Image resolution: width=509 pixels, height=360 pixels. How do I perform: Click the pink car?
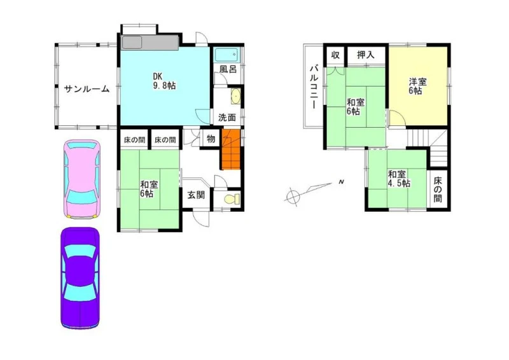[82, 179]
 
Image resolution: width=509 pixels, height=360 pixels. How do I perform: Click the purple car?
[80, 278]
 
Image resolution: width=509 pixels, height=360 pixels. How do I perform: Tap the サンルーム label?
[87, 89]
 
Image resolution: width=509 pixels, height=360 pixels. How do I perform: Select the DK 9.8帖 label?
[164, 81]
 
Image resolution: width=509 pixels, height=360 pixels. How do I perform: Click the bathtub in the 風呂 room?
[227, 55]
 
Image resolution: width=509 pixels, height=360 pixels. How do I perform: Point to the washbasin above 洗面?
[236, 96]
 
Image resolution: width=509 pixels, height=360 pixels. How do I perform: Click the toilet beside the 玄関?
[232, 198]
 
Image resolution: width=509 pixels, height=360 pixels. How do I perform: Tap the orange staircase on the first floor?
[231, 149]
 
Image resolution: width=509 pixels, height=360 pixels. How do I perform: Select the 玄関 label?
[197, 195]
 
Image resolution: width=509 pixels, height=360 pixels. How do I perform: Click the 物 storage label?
[211, 139]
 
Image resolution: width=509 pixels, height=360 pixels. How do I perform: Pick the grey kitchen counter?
[150, 43]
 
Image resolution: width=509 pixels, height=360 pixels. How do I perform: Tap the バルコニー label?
[314, 87]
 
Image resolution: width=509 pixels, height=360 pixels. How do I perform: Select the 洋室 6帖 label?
[417, 86]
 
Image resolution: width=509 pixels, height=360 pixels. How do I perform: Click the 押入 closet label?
[366, 55]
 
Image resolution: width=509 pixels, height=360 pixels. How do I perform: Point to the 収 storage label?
[335, 55]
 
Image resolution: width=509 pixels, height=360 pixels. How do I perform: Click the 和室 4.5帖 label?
[399, 179]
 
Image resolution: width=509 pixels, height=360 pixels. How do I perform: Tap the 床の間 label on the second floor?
[438, 190]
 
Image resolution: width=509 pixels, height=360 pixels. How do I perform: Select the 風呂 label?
[228, 69]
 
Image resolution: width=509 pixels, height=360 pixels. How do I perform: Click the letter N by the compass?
[341, 182]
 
